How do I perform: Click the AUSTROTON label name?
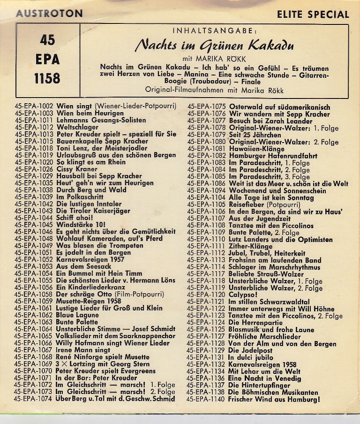coord(49,14)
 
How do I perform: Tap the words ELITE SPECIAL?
coord(313,15)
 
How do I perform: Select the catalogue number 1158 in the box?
coord(47,78)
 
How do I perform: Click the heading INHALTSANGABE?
coord(215,31)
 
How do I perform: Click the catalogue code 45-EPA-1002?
coord(34,106)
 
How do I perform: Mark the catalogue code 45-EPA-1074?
coord(34,399)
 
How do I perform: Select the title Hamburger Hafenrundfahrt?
coord(273,156)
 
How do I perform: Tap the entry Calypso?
coord(243,295)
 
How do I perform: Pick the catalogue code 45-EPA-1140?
coord(206,400)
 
